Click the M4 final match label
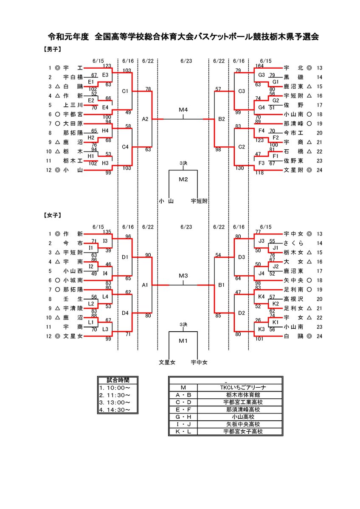pyautogui.click(x=183, y=110)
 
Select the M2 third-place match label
pyautogui.click(x=183, y=179)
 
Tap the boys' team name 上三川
pyautogui.click(x=73, y=105)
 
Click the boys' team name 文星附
pyautogui.click(x=293, y=170)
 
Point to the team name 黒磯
pyautogui.click(x=293, y=77)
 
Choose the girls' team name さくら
pyautogui.click(x=293, y=243)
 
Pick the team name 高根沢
pyautogui.click(x=293, y=299)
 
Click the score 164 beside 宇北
pyautogui.click(x=259, y=66)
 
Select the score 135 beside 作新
pyautogui.click(x=107, y=232)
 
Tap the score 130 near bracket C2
pyautogui.click(x=240, y=168)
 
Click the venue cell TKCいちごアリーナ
pyautogui.click(x=243, y=387)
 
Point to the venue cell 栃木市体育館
pyautogui.click(x=243, y=395)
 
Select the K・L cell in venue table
pyautogui.click(x=183, y=431)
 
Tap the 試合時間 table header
pyautogui.click(x=118, y=380)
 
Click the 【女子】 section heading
pyautogui.click(x=52, y=215)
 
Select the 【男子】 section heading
pyautogui.click(x=52, y=49)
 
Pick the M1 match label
pyautogui.click(x=183, y=341)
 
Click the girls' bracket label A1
pyautogui.click(x=145, y=285)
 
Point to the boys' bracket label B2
pyautogui.click(x=222, y=119)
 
